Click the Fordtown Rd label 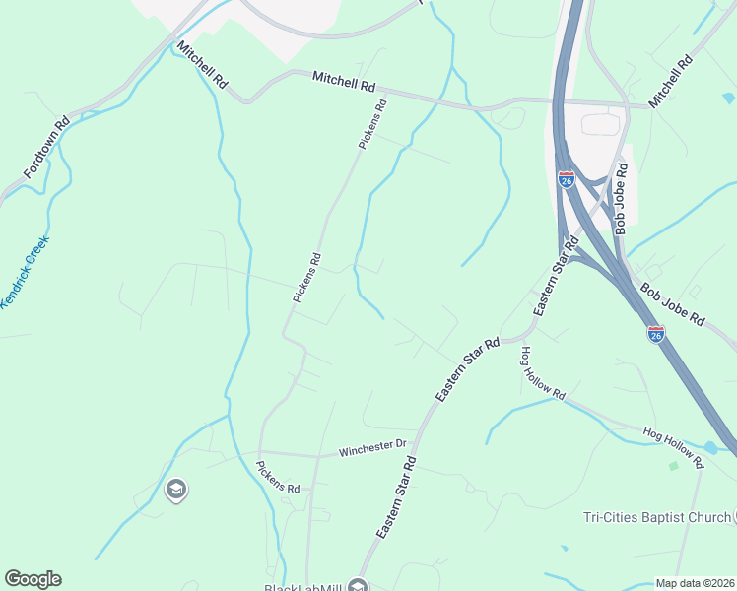46,146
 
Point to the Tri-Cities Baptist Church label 654,518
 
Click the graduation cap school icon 176,490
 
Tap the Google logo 33,579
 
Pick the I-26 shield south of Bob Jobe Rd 656,334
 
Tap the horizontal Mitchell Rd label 345,82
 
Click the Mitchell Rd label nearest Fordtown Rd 202,66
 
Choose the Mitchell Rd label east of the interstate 671,81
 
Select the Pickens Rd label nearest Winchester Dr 277,476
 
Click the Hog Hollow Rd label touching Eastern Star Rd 543,373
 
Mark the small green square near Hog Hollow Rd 674,465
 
